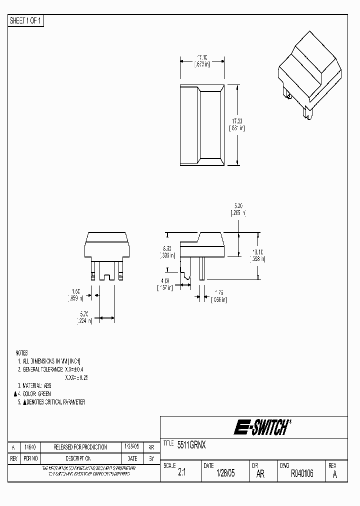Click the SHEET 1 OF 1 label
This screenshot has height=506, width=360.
[x=26, y=21]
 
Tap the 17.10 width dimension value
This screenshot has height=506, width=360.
[x=202, y=57]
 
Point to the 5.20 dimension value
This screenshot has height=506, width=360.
[x=238, y=205]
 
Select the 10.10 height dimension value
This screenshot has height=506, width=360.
[x=258, y=252]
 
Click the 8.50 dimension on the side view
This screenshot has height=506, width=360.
[x=167, y=248]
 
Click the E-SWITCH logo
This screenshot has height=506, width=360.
[x=262, y=428]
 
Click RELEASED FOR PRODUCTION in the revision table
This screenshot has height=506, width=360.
[x=80, y=447]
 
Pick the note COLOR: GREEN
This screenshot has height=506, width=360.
[x=36, y=394]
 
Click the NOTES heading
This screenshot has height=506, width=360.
[x=21, y=352]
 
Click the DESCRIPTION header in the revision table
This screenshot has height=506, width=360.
[x=80, y=458]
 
